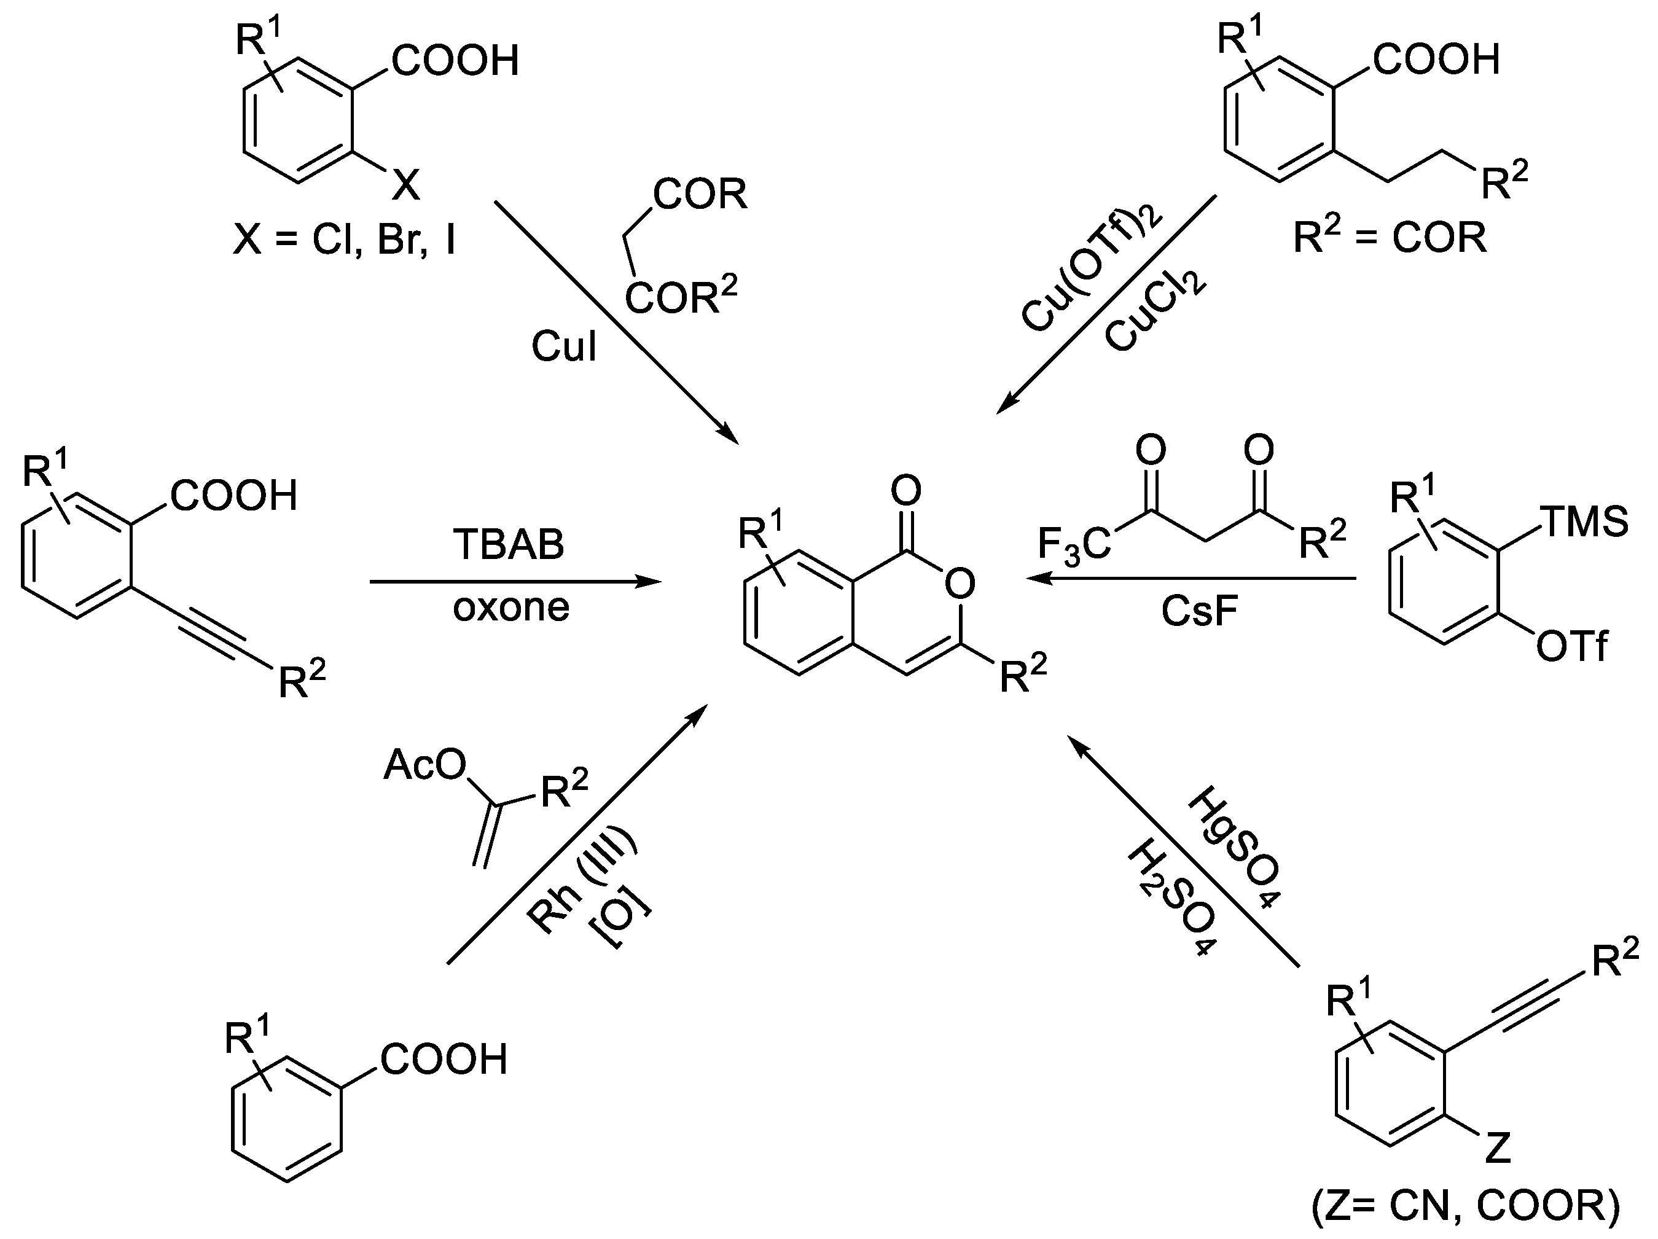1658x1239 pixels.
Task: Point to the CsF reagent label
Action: pos(1199,611)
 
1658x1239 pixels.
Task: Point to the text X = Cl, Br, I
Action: pos(345,241)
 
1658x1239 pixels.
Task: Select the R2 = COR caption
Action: pos(1390,239)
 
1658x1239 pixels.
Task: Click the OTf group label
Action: pos(1571,647)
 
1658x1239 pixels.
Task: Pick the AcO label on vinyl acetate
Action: pos(424,766)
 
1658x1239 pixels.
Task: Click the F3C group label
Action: pos(1073,545)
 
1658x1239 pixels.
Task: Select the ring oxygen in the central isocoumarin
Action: pos(959,582)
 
